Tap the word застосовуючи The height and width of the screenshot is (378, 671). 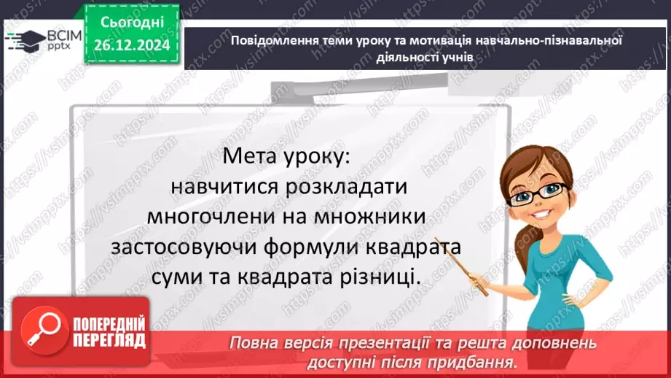click(186, 247)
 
